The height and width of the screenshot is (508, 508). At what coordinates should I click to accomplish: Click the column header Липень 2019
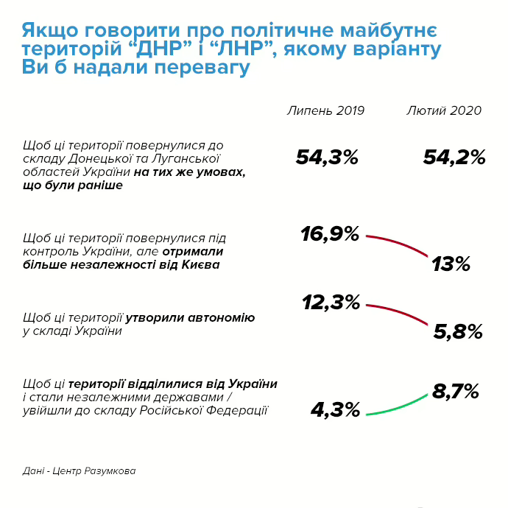(x=326, y=110)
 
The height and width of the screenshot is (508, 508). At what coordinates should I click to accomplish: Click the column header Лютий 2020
(x=444, y=110)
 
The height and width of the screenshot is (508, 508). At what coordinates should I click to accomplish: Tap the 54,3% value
(x=327, y=157)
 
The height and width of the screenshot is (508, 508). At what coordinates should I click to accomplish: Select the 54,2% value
(x=454, y=157)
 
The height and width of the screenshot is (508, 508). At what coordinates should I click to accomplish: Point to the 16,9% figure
(x=330, y=234)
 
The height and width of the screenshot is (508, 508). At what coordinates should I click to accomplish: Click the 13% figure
(x=451, y=264)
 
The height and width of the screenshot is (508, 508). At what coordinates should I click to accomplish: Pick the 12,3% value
(x=331, y=302)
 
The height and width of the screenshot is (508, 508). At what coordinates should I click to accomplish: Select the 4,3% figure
(x=336, y=409)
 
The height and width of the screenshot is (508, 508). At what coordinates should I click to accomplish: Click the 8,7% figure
(x=456, y=392)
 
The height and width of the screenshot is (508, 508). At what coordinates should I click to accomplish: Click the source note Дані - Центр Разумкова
(x=79, y=470)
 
